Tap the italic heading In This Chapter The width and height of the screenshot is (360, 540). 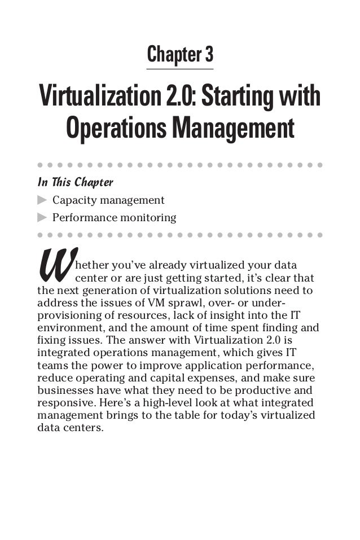click(x=75, y=183)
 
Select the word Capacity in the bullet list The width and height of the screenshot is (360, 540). click(x=72, y=200)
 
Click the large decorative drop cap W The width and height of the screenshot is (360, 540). click(x=55, y=267)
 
